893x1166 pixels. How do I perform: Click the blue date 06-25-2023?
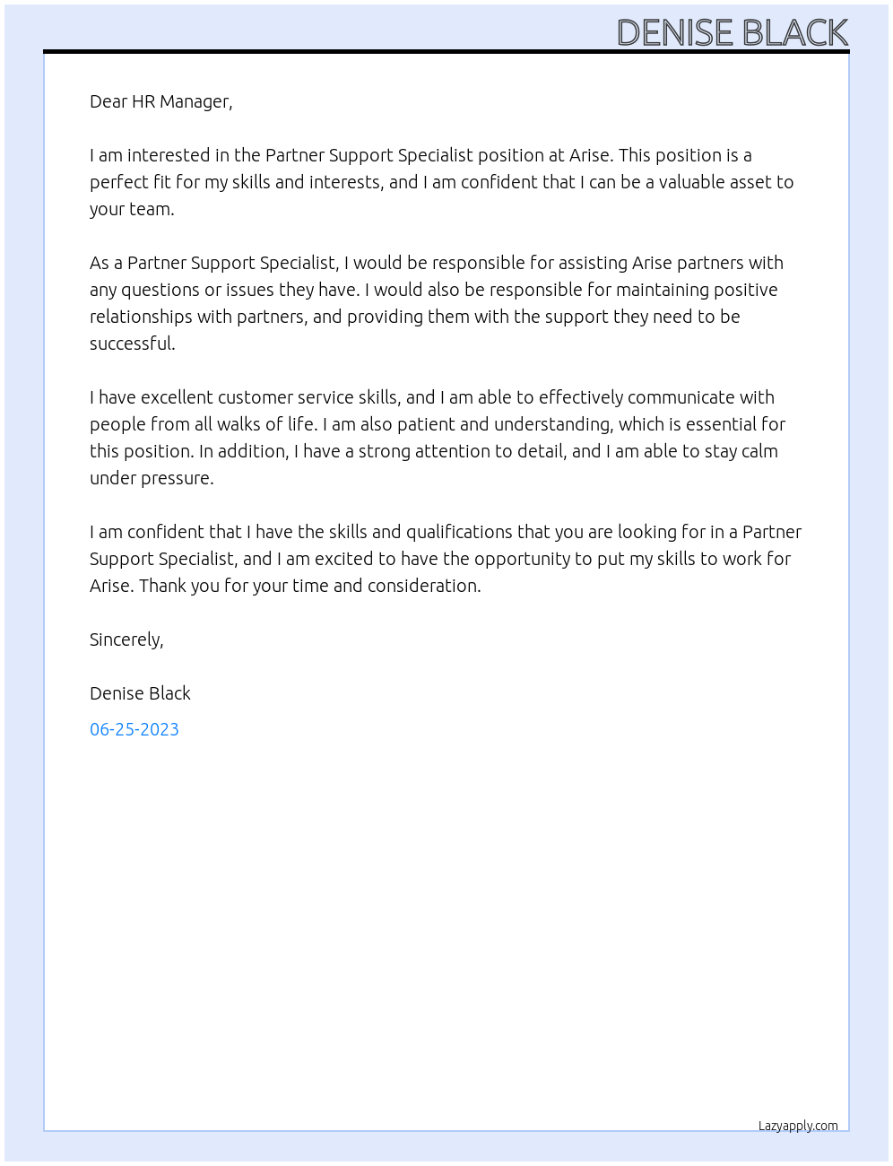[x=134, y=729]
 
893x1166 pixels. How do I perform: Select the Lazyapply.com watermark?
[x=798, y=1126]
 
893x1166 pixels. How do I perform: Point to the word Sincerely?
[x=126, y=640]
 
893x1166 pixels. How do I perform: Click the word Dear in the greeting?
[x=108, y=101]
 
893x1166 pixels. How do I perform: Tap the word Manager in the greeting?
[x=196, y=101]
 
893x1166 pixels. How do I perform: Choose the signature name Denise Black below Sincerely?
[x=140, y=693]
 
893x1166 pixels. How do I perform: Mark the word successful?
[x=132, y=344]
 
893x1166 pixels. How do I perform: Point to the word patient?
[x=423, y=424]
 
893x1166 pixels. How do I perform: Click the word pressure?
[x=177, y=478]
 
